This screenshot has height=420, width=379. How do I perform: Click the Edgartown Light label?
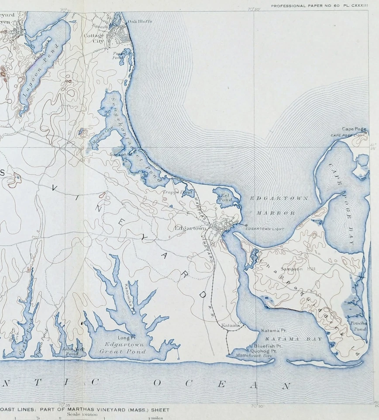click(264, 228)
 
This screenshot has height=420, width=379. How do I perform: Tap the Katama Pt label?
click(273, 330)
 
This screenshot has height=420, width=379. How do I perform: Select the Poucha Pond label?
click(358, 325)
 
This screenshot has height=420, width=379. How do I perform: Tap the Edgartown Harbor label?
click(279, 206)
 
